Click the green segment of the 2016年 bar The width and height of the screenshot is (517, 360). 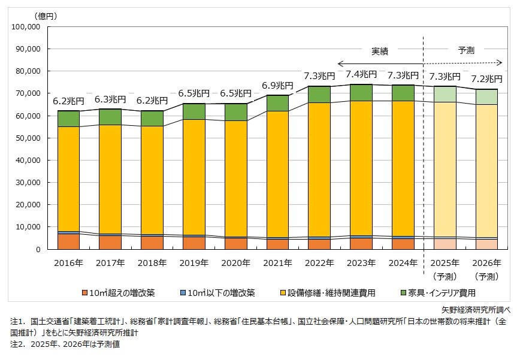coord(69,119)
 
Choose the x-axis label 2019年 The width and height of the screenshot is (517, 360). coord(194,262)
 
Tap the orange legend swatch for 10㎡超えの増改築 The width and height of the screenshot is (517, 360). coord(85,293)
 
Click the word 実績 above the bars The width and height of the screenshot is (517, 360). coord(380,52)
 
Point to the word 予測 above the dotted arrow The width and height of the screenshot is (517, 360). coord(465,51)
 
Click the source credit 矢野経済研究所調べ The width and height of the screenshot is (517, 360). coord(476,310)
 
